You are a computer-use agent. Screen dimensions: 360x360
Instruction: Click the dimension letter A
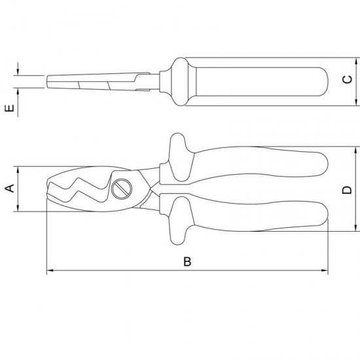(9, 190)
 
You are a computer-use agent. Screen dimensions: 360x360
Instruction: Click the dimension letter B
(187, 262)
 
